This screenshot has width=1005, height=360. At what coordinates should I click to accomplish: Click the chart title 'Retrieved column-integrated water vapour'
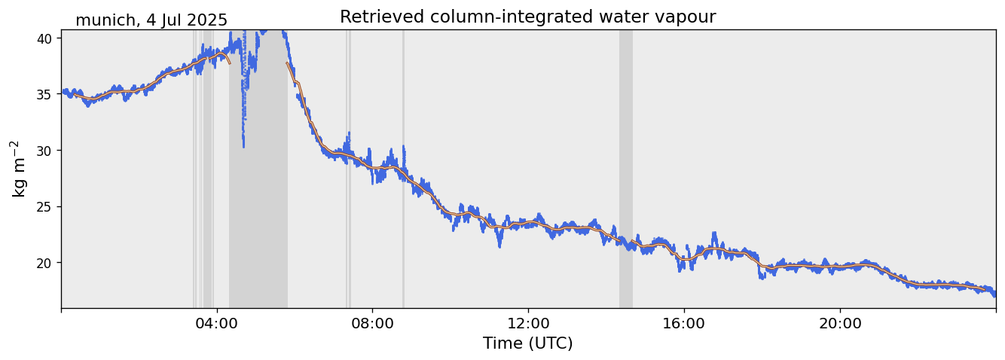point(527,17)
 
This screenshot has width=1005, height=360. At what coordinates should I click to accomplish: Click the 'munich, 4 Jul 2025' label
point(151,20)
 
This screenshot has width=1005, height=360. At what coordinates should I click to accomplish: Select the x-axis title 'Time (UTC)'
point(527,343)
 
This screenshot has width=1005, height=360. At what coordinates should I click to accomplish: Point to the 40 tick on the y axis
point(44,38)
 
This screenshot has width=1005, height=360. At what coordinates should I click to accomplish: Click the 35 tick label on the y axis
point(44,95)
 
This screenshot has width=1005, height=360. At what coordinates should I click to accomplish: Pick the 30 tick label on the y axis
point(44,151)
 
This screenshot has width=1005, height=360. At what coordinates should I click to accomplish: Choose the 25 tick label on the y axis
point(44,207)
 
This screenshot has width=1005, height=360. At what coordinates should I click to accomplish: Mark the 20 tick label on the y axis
point(44,263)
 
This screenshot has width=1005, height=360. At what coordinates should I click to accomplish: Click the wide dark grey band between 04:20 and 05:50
point(258,188)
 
